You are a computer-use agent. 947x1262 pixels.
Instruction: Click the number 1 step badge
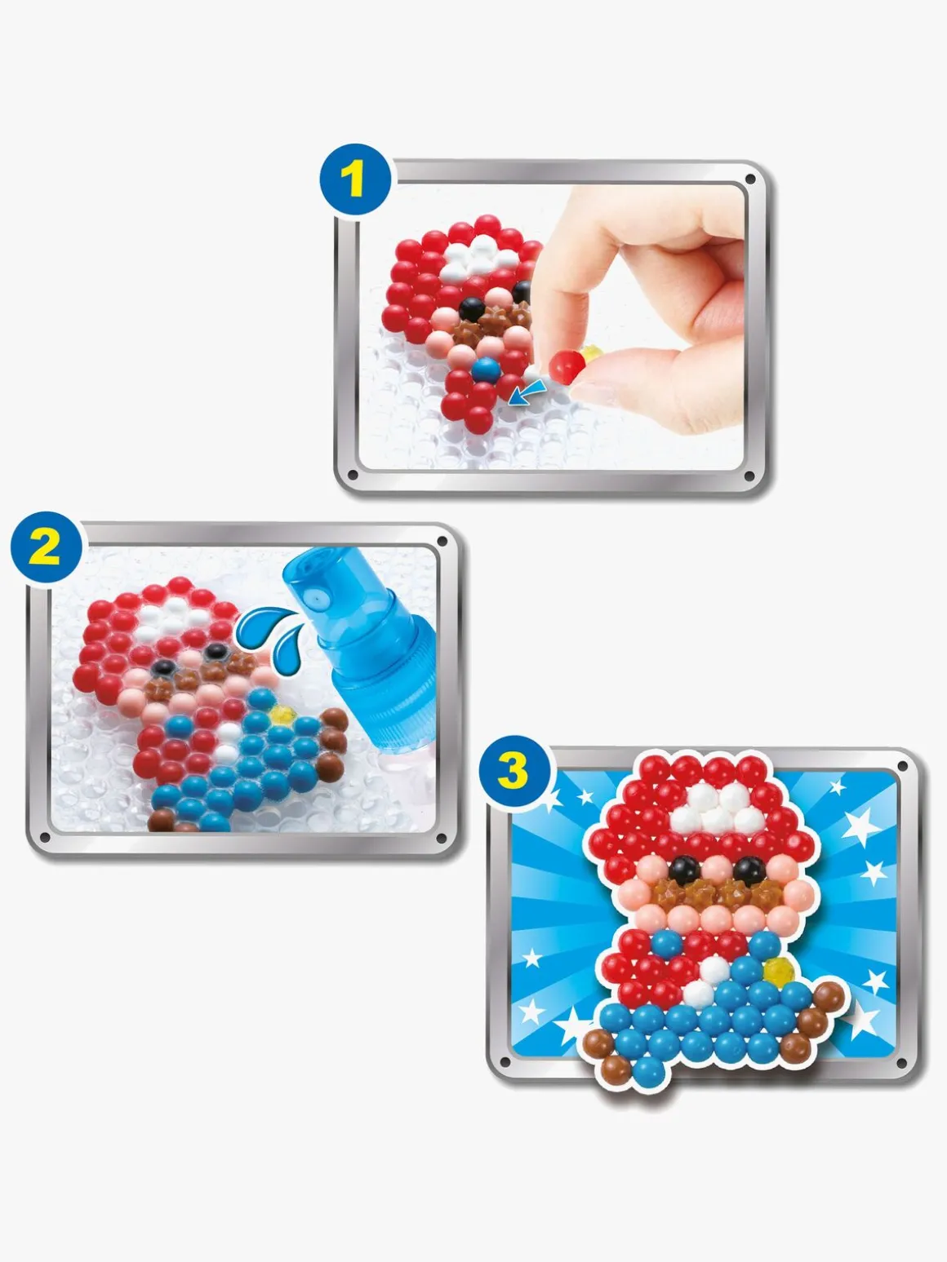tap(356, 180)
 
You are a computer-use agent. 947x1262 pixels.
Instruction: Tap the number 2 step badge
tap(46, 547)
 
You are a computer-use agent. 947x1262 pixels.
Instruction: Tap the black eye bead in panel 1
tap(473, 309)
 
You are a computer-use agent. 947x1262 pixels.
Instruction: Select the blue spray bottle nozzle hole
tap(316, 599)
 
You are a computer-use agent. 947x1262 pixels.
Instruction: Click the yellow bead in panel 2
tap(282, 715)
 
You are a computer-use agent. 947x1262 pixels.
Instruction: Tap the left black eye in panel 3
tap(685, 870)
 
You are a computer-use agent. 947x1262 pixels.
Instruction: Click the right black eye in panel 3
tap(749, 871)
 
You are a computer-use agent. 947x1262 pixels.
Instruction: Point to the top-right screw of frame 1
tap(750, 179)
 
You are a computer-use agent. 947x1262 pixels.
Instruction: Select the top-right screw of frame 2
tap(442, 542)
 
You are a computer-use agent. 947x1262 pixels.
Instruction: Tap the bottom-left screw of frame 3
tap(505, 1061)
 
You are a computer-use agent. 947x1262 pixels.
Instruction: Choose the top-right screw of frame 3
tap(902, 766)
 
